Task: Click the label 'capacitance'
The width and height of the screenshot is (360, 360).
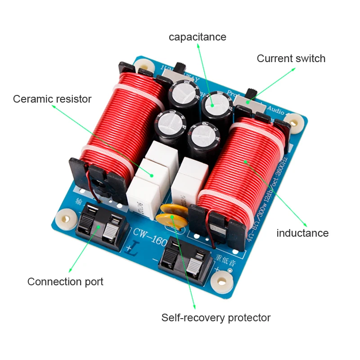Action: tap(197, 37)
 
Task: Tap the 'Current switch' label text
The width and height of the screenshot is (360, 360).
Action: tap(291, 58)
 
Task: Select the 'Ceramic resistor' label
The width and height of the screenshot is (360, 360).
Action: tap(52, 99)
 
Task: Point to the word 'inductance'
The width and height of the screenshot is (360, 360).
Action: tap(302, 233)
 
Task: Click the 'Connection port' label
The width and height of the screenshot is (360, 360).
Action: tap(65, 282)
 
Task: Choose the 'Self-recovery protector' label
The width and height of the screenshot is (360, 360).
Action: tap(216, 318)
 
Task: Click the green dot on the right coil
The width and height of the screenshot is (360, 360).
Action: tap(246, 161)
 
